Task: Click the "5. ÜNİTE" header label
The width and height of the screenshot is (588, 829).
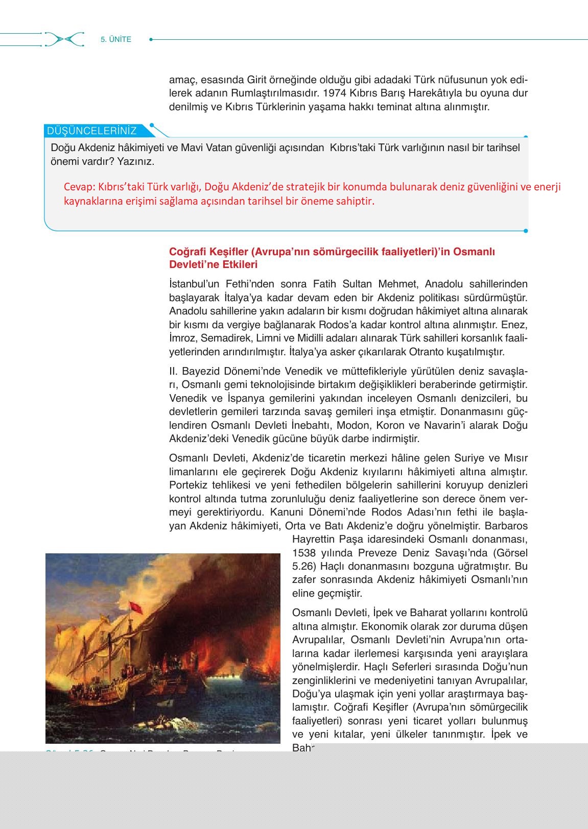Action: tap(116, 39)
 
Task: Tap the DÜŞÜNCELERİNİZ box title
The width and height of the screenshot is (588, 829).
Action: tap(92, 131)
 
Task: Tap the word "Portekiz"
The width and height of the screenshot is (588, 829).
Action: tap(189, 485)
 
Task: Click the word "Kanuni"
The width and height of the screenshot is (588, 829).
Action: tap(287, 512)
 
